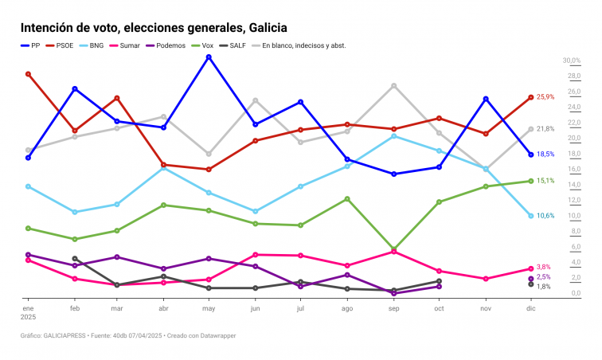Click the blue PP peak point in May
[209, 57]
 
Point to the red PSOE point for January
[29, 74]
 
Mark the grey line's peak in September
[394, 85]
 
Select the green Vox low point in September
[394, 249]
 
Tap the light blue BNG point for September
[394, 136]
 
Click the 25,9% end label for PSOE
[545, 97]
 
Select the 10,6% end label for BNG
[545, 216]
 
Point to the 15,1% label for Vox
[545, 181]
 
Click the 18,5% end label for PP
[545, 155]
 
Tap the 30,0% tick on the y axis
[572, 61]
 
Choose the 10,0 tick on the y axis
[573, 216]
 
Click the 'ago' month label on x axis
[347, 307]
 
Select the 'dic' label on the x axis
[530, 307]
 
